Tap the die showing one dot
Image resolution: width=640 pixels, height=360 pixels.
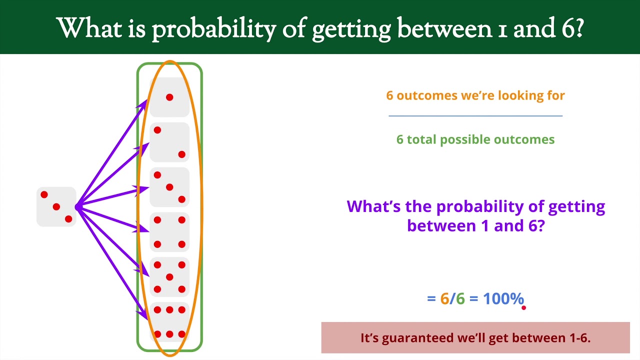point(169,97)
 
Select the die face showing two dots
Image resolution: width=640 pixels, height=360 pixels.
point(169,142)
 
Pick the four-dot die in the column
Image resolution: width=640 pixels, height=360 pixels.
point(169,232)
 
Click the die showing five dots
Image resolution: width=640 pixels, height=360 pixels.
point(169,277)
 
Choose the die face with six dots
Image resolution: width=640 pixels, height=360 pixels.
point(169,322)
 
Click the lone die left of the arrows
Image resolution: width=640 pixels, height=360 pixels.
point(56,206)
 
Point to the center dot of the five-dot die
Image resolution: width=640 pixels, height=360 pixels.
point(169,277)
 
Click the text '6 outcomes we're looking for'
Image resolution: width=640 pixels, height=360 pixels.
point(475,95)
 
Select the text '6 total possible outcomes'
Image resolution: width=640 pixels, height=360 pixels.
point(475,139)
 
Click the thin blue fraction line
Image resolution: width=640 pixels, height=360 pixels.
point(475,116)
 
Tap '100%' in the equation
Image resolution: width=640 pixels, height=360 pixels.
point(503,299)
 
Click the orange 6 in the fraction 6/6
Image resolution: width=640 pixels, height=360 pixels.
point(444,299)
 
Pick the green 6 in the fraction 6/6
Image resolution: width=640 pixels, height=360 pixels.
point(460,299)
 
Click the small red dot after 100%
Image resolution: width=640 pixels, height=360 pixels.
point(523,308)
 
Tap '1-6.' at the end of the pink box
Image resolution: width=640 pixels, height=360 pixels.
point(579,338)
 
